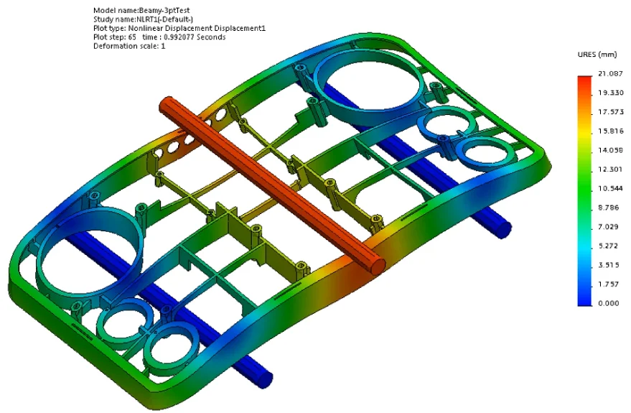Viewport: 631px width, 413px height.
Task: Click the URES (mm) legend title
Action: click(x=597, y=55)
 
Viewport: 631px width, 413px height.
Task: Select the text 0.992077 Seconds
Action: click(x=194, y=37)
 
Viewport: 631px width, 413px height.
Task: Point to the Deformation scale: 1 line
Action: click(x=129, y=46)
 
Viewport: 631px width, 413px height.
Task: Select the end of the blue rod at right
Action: click(x=502, y=228)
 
